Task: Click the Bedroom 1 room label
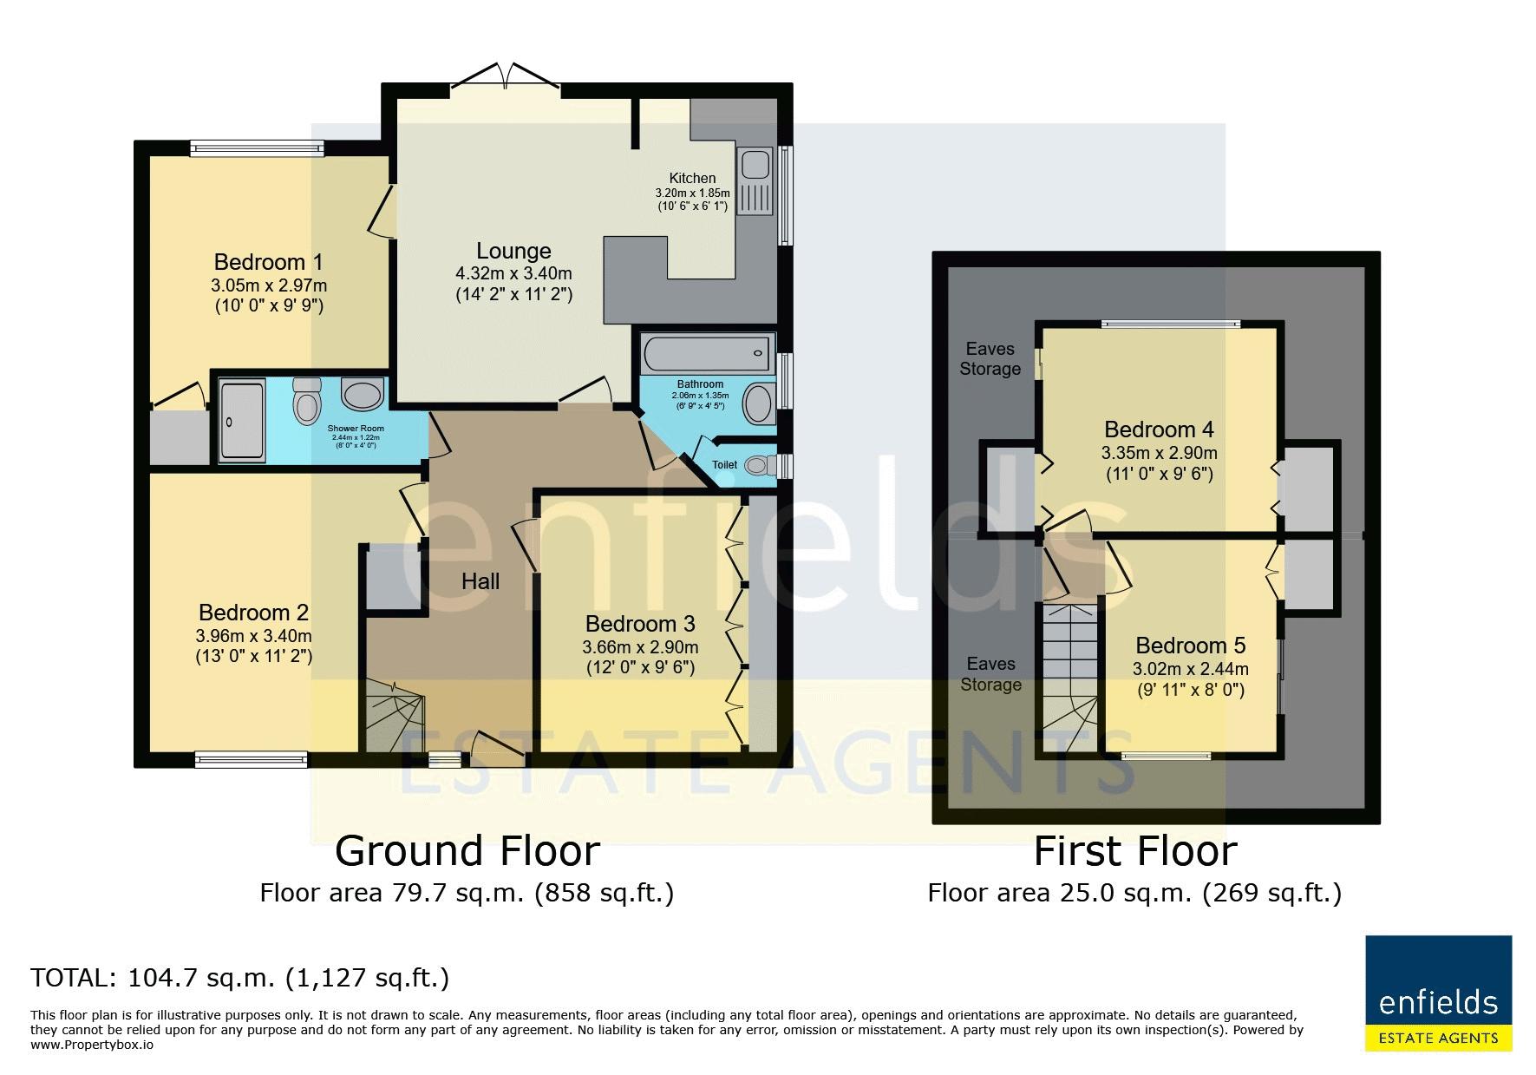coord(269,262)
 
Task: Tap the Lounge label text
coord(513,251)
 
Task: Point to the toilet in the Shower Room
coord(307,400)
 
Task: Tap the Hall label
coord(480,581)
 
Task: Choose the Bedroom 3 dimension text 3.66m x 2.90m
coord(640,647)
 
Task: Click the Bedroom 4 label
coord(1159,429)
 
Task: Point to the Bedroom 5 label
coord(1190,646)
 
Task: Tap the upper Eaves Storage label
coord(990,358)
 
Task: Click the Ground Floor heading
coord(467,851)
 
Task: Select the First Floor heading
coord(1134,851)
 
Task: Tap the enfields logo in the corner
coord(1438,993)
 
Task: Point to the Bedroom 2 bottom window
coord(252,759)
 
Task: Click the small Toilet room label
coord(724,465)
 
